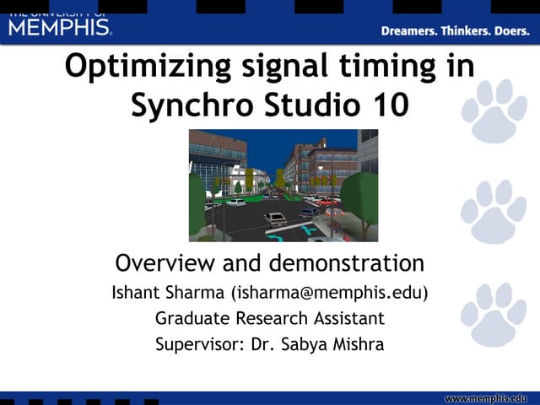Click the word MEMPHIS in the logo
pyautogui.click(x=59, y=27)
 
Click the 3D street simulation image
pyautogui.click(x=283, y=186)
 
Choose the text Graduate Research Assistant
pyautogui.click(x=270, y=318)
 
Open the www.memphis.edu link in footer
pyautogui.click(x=491, y=397)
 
